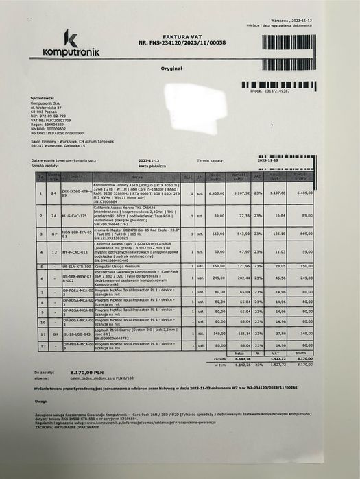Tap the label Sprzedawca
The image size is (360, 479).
coord(44,99)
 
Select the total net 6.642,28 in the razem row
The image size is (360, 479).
coord(235,358)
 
